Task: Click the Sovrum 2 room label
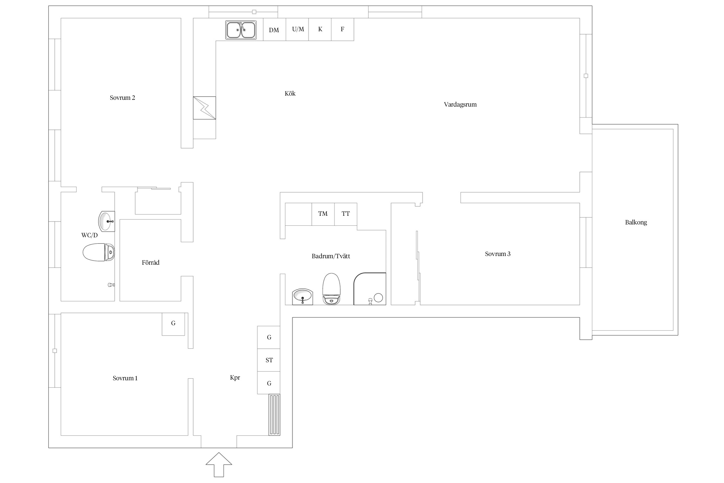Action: (122, 98)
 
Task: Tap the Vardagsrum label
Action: (460, 105)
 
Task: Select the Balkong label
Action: (636, 223)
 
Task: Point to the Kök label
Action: (290, 94)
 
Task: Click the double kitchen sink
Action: (241, 30)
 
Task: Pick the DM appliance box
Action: (274, 29)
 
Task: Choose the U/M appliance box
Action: (297, 29)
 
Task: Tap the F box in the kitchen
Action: (343, 29)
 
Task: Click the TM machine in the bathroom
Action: (323, 214)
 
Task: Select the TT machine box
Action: (346, 214)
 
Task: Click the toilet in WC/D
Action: (99, 252)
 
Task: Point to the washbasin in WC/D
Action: (107, 221)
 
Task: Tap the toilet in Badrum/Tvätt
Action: (331, 289)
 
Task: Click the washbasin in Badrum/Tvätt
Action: (302, 297)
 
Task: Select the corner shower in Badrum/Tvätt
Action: (370, 289)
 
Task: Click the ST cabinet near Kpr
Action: (269, 360)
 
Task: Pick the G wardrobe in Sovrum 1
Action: (173, 324)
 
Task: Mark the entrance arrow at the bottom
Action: (219, 465)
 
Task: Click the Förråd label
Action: (151, 263)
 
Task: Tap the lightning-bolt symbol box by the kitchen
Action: (204, 108)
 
